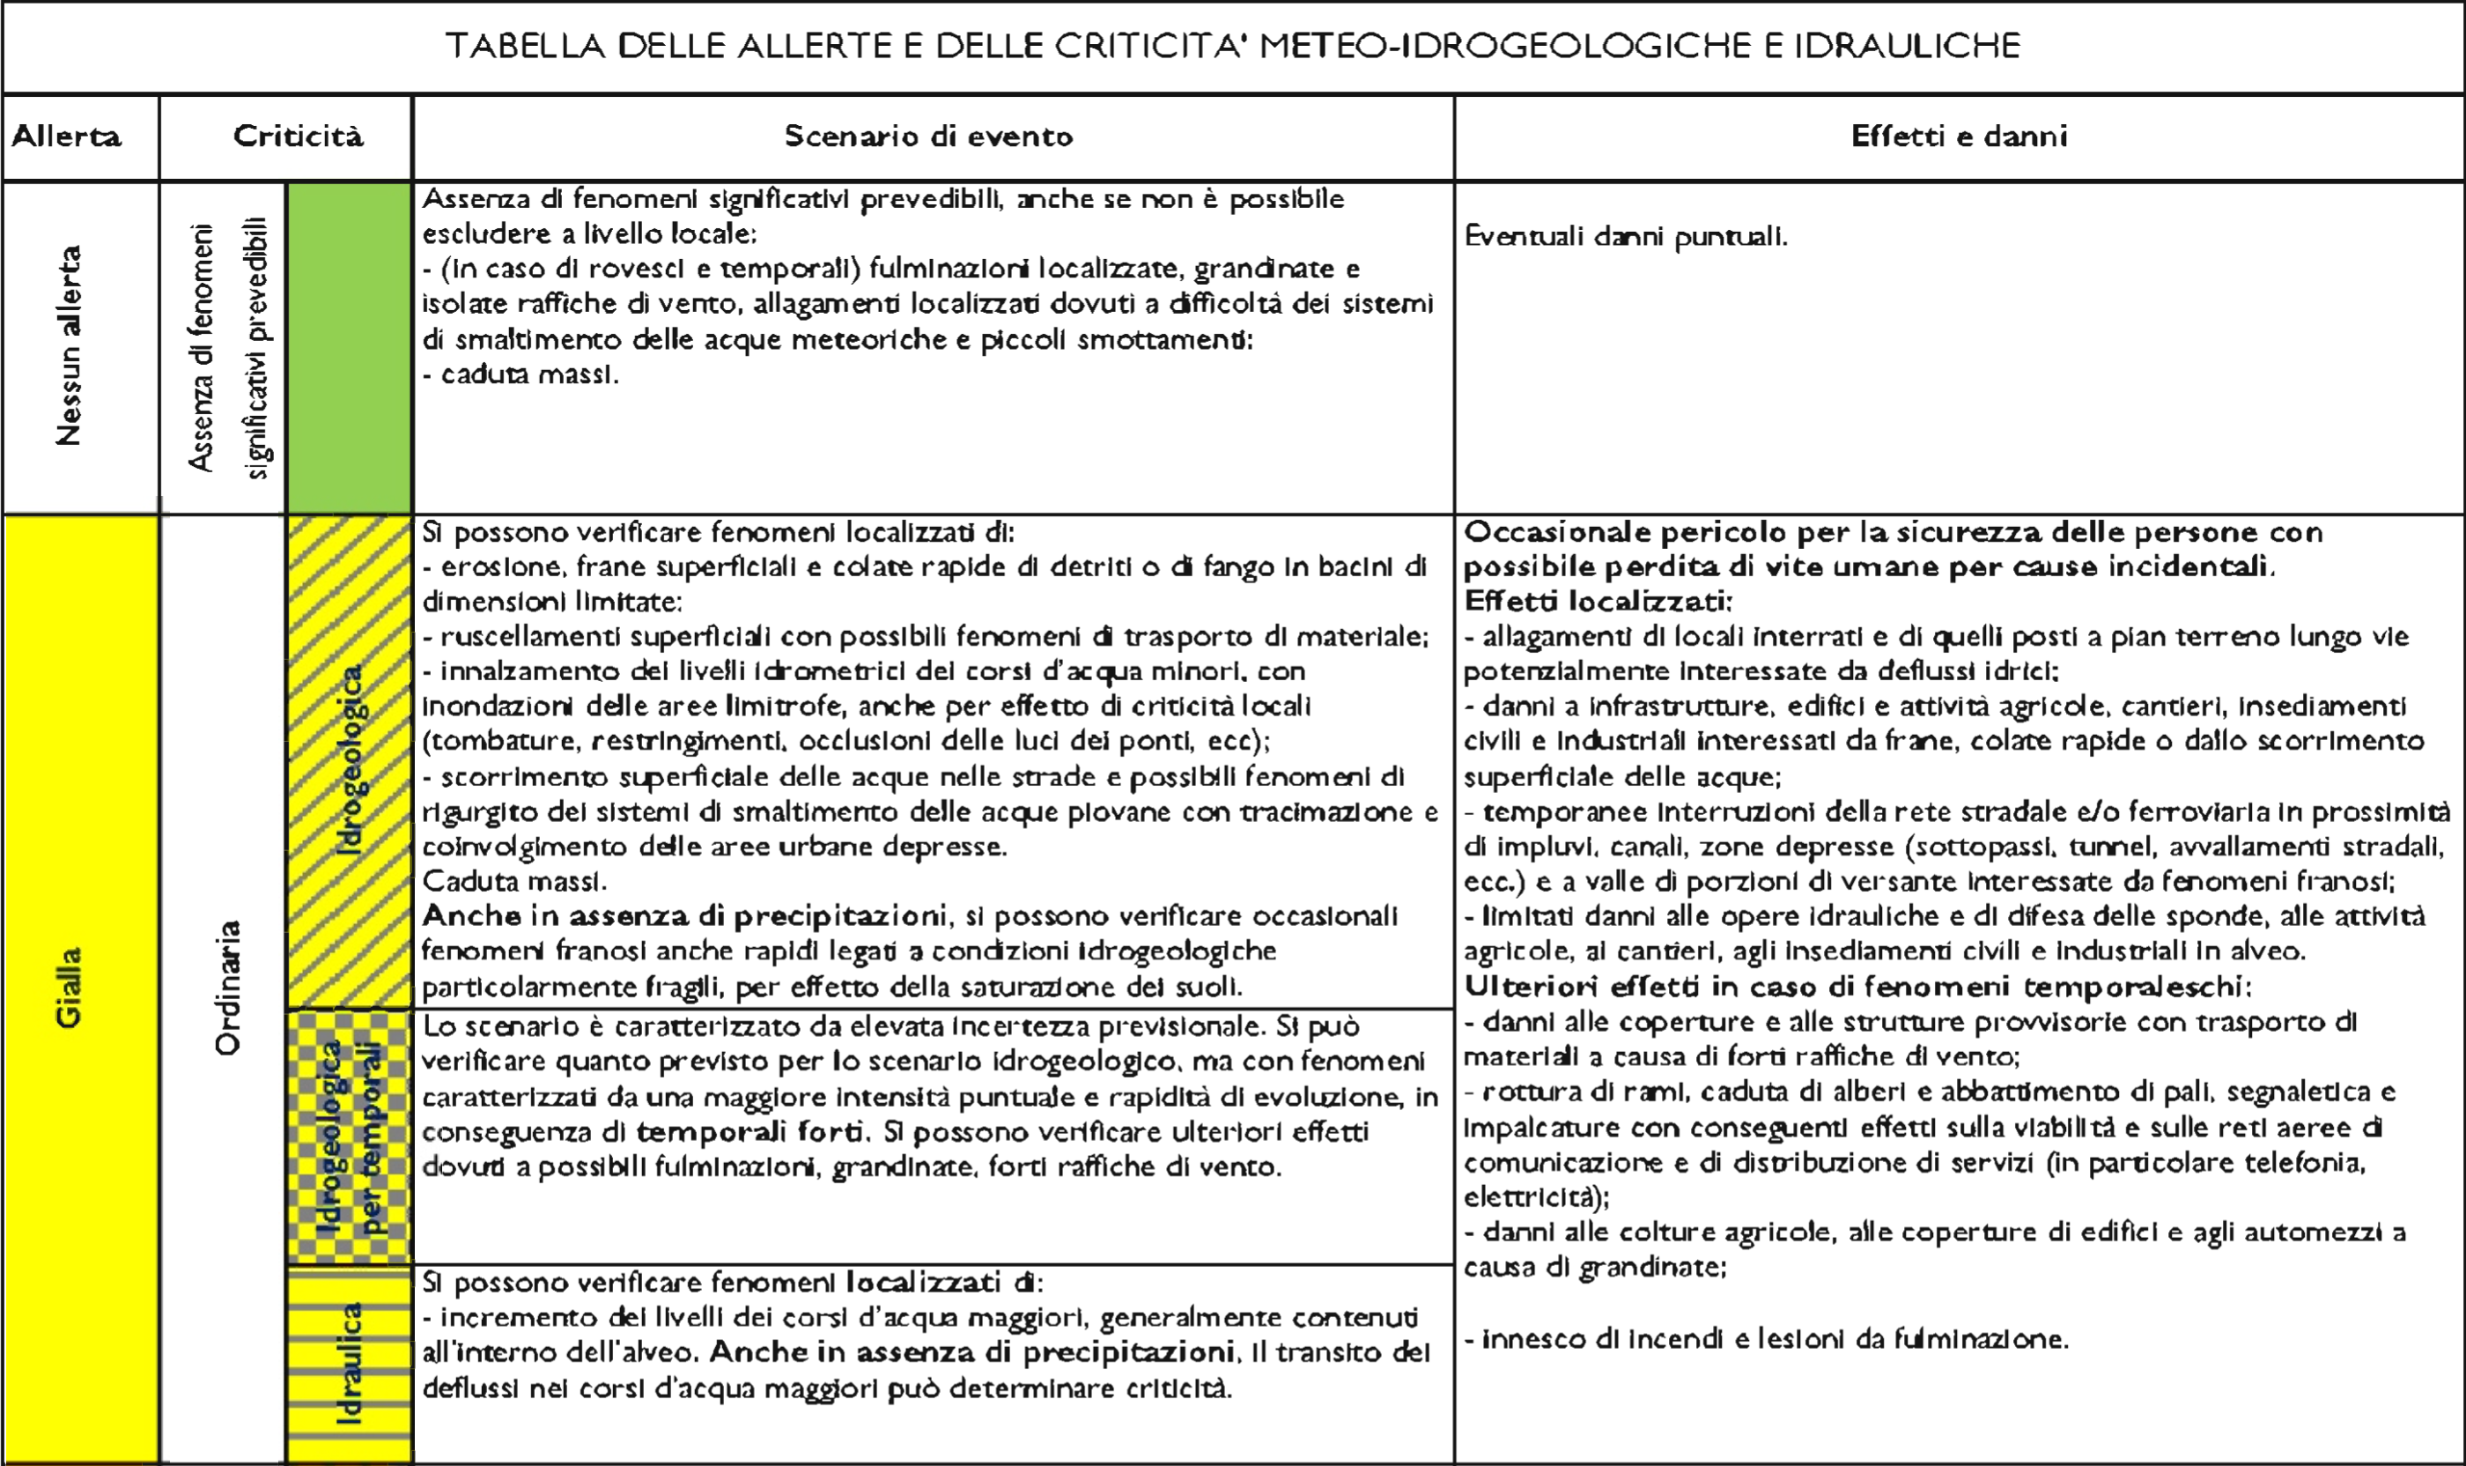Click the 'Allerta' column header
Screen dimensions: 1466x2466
click(66, 137)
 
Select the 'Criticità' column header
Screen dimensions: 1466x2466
click(298, 137)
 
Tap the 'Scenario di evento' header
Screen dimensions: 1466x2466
click(928, 137)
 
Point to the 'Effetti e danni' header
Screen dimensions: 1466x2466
click(1959, 137)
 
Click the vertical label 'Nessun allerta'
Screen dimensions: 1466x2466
click(68, 345)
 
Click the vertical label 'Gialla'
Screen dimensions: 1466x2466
click(68, 988)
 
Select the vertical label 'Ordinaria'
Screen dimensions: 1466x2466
click(227, 988)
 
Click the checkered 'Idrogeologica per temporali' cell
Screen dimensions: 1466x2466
click(349, 1136)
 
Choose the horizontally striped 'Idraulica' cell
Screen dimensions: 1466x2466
click(349, 1363)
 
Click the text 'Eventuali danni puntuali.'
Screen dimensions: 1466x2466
click(1626, 237)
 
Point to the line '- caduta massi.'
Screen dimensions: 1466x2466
click(521, 375)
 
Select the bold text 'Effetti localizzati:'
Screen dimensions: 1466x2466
click(1597, 602)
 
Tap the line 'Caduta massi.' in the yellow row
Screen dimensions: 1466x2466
click(513, 881)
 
